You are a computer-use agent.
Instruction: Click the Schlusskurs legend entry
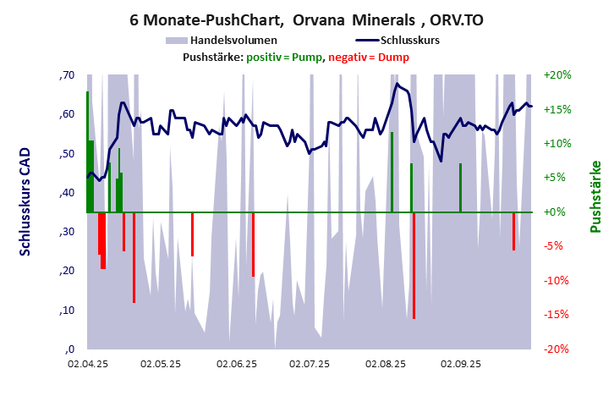pos(409,40)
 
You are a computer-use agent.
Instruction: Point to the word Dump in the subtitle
pos(393,57)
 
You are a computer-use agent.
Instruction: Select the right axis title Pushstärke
pos(595,196)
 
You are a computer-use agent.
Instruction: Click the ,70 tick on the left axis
pos(67,75)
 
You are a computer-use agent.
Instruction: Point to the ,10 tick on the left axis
pos(67,311)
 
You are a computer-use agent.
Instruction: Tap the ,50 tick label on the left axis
pos(67,154)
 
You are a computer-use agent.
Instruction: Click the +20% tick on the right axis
pos(558,75)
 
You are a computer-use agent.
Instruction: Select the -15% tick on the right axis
pos(558,315)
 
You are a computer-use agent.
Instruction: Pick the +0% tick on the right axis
pos(558,212)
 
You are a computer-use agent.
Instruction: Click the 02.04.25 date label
pos(88,365)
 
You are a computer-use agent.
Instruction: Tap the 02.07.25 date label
pos(310,365)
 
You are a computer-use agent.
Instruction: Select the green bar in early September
pos(460,188)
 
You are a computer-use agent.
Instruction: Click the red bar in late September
pos(513,231)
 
